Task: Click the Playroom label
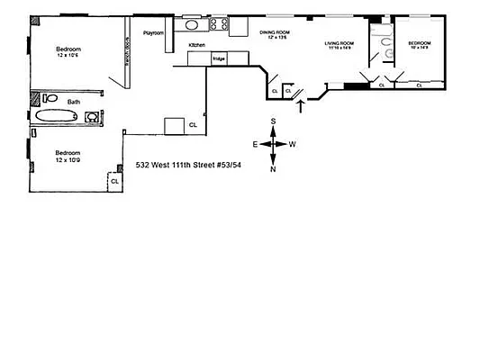153,32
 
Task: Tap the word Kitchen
197,44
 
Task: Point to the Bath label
60,101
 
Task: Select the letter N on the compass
276,168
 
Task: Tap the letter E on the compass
256,144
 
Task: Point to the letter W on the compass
293,144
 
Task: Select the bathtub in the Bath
59,116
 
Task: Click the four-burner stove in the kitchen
218,24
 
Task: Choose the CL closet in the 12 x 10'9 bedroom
114,181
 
